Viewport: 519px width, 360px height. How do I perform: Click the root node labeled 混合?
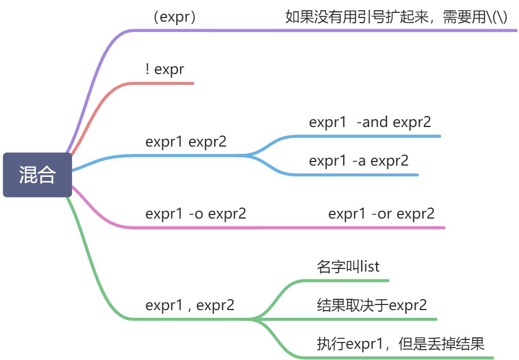click(37, 175)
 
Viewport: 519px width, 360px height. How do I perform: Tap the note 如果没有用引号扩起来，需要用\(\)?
click(396, 17)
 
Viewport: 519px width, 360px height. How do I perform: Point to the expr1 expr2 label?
click(186, 141)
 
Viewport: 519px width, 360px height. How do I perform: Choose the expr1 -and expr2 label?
click(370, 122)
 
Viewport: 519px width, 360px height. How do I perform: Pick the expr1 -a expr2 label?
click(359, 160)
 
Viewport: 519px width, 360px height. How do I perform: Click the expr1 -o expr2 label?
click(196, 213)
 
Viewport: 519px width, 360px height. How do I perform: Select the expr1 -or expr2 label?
click(381, 213)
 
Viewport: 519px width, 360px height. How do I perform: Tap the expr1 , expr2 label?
click(190, 305)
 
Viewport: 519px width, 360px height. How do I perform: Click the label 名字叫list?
click(348, 266)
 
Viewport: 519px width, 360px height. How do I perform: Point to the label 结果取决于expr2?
click(372, 305)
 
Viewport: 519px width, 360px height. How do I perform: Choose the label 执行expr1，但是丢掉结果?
click(400, 344)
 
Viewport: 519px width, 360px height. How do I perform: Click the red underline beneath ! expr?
click(170, 83)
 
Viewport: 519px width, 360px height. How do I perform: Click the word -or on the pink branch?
click(381, 213)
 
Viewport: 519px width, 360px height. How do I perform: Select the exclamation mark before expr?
click(147, 69)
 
